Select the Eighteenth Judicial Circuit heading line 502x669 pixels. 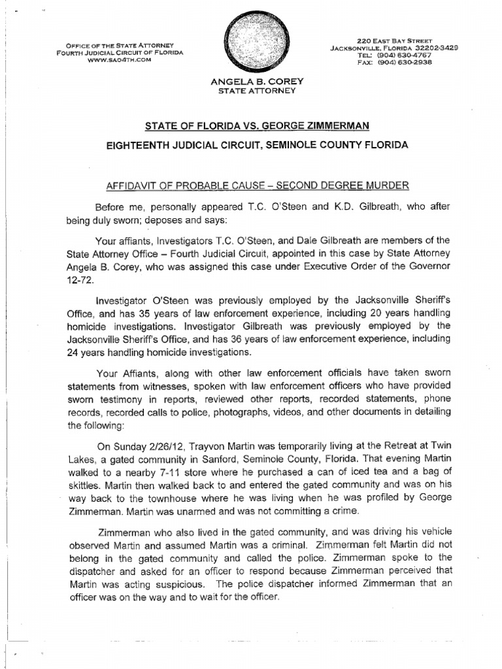click(252, 145)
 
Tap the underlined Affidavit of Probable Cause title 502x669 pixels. click(252, 186)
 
